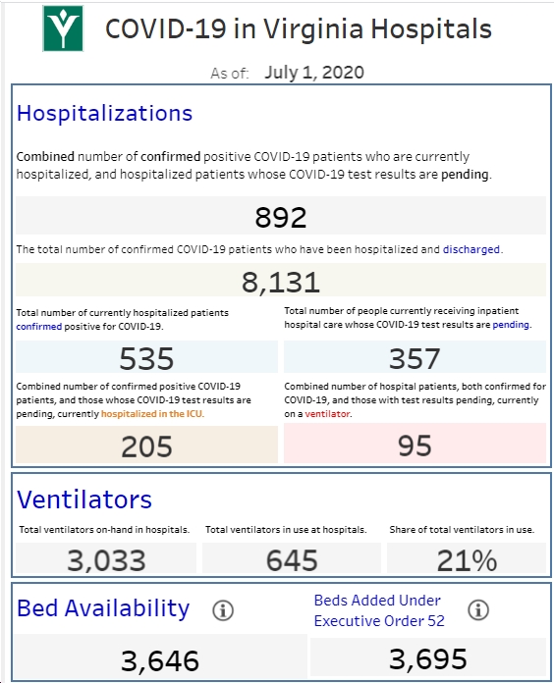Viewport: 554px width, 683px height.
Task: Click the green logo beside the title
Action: (x=63, y=28)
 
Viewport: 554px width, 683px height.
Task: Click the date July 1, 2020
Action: (x=314, y=73)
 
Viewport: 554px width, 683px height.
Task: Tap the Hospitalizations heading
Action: (x=104, y=113)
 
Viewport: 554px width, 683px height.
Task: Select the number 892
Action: (x=281, y=217)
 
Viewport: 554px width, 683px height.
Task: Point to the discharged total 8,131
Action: (x=281, y=283)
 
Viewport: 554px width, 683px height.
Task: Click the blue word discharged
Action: (x=471, y=249)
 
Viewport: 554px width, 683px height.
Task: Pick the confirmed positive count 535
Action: (x=146, y=358)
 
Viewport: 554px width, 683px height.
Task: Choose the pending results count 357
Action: (x=415, y=358)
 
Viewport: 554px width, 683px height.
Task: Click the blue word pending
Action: (x=511, y=325)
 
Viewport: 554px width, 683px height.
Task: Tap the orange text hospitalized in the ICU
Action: (x=151, y=414)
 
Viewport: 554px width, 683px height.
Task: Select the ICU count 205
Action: (x=146, y=447)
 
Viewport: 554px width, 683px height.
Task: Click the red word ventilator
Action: (x=327, y=414)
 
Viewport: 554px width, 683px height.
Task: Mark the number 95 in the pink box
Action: (x=415, y=446)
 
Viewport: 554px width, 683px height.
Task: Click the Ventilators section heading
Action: (x=84, y=499)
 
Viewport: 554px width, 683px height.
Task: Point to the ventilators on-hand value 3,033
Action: (x=106, y=560)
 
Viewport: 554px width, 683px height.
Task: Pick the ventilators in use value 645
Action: (x=292, y=560)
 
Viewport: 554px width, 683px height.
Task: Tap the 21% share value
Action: (x=467, y=560)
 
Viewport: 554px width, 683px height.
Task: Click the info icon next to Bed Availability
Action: (x=223, y=610)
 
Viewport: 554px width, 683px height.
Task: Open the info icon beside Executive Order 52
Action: (x=478, y=609)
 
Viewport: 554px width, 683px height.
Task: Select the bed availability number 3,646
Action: (x=159, y=660)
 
